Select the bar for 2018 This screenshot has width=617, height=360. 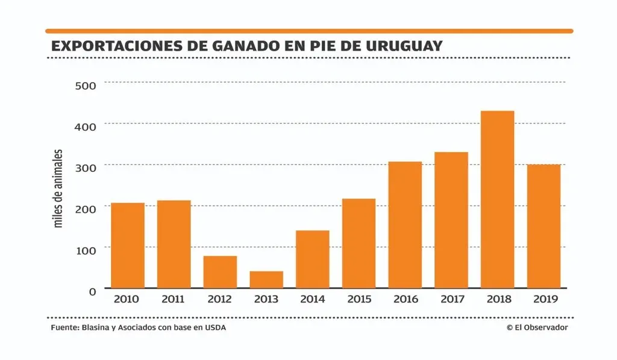point(498,199)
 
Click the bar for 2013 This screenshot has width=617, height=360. point(266,279)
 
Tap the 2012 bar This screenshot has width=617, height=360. point(220,272)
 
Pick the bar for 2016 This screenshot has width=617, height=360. point(405,224)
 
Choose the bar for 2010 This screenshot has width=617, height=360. point(128,245)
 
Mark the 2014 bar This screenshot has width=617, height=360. point(313,259)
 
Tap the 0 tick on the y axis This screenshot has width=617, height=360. point(92,291)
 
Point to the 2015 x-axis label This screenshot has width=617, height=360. point(359,299)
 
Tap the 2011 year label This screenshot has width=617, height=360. point(174,299)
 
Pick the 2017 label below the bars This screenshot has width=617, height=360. point(451,299)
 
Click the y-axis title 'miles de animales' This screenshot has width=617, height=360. point(58,188)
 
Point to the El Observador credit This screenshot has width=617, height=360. point(537,327)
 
